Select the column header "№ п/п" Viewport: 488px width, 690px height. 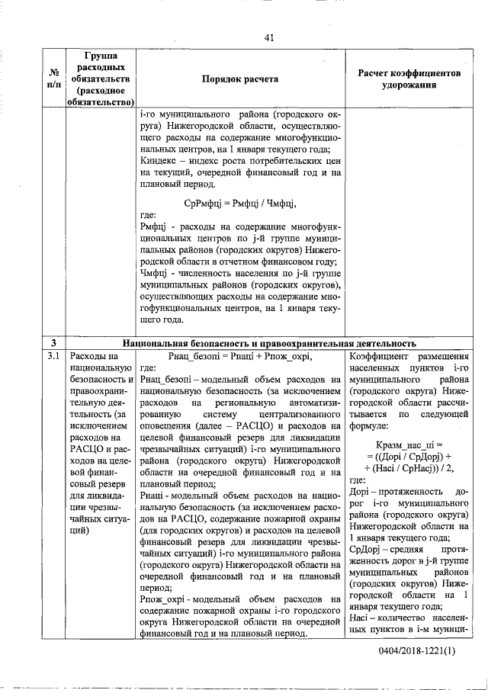tap(54, 79)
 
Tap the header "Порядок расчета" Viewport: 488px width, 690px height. tap(239, 79)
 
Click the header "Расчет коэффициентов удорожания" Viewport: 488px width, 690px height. tap(409, 79)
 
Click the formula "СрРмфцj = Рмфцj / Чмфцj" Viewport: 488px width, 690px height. tap(239, 204)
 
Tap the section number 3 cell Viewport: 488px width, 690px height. tap(54, 343)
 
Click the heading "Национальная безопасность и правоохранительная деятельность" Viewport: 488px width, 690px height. tap(268, 343)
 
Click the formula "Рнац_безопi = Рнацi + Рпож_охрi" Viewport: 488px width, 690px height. tap(239, 356)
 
